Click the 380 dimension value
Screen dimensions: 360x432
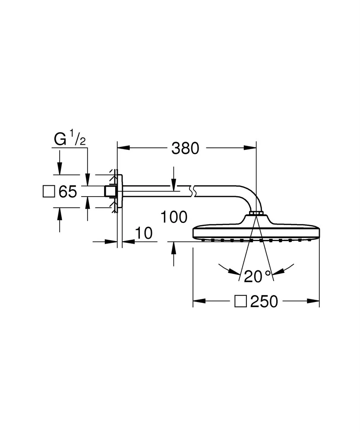[185, 148]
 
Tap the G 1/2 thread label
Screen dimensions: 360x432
[69, 138]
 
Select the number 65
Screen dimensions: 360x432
[68, 191]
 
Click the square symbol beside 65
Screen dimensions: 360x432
[49, 191]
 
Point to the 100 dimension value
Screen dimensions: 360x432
[174, 217]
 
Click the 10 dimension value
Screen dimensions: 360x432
[144, 233]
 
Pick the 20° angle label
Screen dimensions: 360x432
[258, 276]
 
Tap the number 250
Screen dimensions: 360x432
[264, 302]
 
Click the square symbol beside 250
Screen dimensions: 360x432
[240, 302]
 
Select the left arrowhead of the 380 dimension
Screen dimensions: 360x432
[123, 148]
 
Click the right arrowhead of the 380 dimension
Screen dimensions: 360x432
[250, 148]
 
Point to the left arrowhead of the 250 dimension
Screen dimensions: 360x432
[199, 301]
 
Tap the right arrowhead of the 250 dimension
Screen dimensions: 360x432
[313, 301]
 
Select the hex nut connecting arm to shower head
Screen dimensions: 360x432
[256, 213]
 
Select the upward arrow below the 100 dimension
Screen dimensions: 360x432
[174, 254]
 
